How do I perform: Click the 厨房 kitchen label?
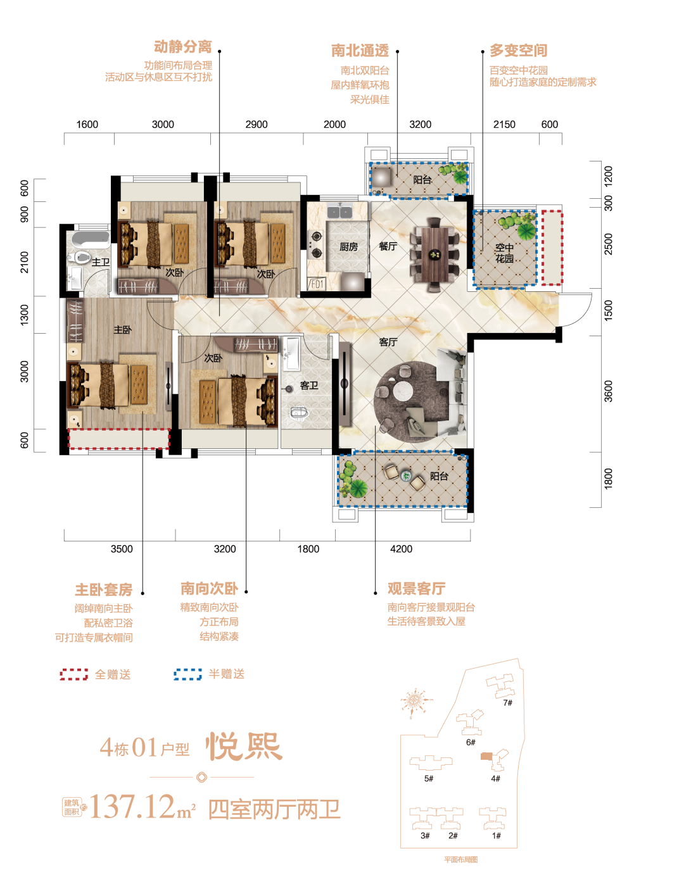coord(348,247)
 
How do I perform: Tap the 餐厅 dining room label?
coord(388,246)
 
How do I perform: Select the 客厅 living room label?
coord(388,342)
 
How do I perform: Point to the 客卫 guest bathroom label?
coord(308,385)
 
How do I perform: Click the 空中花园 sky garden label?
coord(504,253)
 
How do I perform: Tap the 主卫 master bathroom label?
coord(100,262)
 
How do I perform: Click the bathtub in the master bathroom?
coord(91,238)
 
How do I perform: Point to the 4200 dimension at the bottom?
coord(401,549)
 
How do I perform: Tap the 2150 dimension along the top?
coord(504,125)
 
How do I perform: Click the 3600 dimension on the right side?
coord(609,391)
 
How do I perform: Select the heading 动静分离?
coord(182,47)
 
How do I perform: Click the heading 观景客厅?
coord(416,589)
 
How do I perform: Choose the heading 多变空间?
coord(518,51)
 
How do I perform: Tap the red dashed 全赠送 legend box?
coord(74,674)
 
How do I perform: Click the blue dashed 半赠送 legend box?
coord(187,674)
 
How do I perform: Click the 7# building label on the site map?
coord(507,703)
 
